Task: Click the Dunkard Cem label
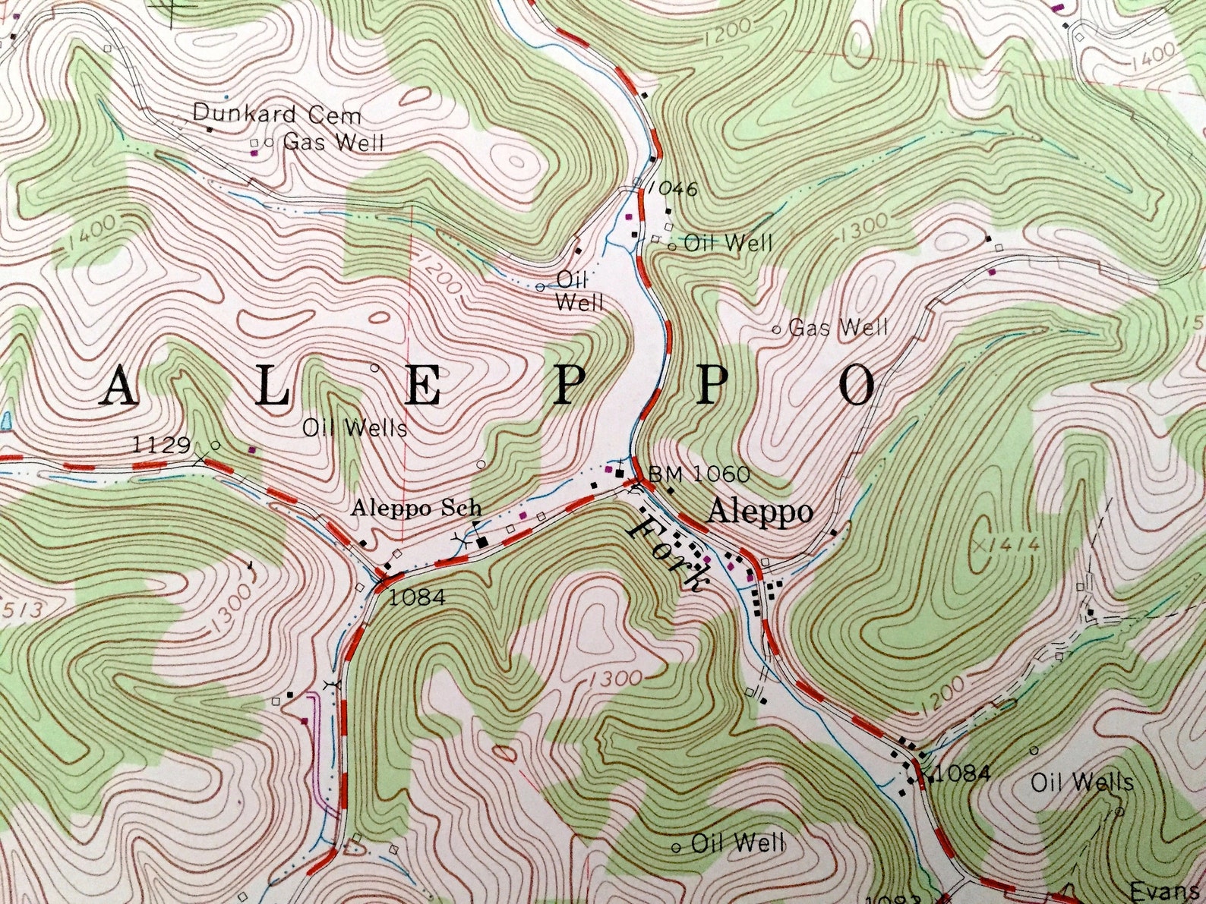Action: pyautogui.click(x=276, y=114)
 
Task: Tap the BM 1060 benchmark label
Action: pyautogui.click(x=699, y=475)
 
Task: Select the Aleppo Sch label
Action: pyautogui.click(x=415, y=509)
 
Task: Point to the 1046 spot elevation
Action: pyautogui.click(x=673, y=189)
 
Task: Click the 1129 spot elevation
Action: pyautogui.click(x=160, y=444)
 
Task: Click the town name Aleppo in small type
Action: pyautogui.click(x=759, y=512)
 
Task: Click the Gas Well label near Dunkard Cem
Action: pyautogui.click(x=333, y=142)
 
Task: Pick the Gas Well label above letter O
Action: pyautogui.click(x=837, y=328)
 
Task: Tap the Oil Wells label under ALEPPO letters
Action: pyautogui.click(x=355, y=428)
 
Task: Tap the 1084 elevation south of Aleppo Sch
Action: pyautogui.click(x=415, y=597)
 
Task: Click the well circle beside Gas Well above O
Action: pyautogui.click(x=776, y=329)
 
